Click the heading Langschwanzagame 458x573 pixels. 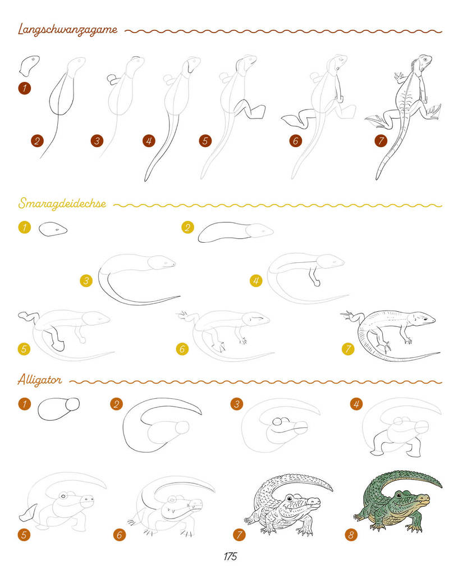click(67, 30)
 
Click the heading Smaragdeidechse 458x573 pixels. click(62, 203)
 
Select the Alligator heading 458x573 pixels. click(39, 380)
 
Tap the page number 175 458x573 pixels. click(230, 557)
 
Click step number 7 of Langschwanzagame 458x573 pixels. click(381, 140)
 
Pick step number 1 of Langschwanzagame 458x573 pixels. click(25, 88)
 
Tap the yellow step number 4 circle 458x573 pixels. click(256, 281)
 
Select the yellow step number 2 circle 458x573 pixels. click(187, 228)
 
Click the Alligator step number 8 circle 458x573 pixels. click(351, 535)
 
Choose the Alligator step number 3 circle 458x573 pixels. click(237, 404)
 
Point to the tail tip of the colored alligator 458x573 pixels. click(441, 485)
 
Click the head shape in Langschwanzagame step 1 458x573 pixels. click(29, 65)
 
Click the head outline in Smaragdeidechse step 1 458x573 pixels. click(53, 229)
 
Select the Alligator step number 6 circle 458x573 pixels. click(119, 535)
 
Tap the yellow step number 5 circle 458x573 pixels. click(24, 349)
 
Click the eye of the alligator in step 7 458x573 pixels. click(290, 498)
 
